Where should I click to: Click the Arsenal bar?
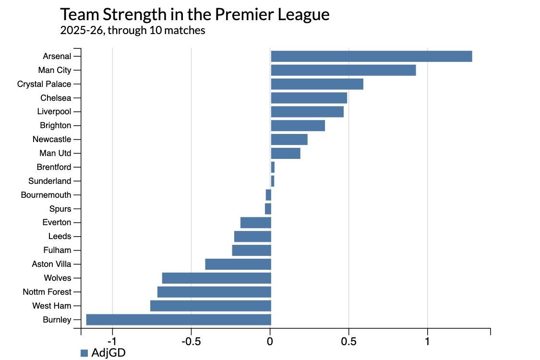tap(371, 56)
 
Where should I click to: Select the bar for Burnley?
tap(178, 320)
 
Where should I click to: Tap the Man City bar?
tap(343, 70)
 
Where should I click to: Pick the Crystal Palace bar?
tap(317, 84)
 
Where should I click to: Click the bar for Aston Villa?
tap(238, 264)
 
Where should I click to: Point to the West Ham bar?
tap(210, 306)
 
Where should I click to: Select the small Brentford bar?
tap(273, 167)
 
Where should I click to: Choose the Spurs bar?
tap(268, 209)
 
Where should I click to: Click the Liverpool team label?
tap(54, 112)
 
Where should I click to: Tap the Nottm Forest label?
tap(47, 292)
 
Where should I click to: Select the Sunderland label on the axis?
tap(49, 181)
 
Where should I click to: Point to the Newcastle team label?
tap(52, 139)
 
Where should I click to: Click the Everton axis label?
tap(57, 222)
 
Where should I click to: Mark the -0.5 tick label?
tap(191, 341)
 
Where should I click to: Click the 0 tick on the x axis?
tap(270, 341)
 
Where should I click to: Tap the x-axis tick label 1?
tap(427, 341)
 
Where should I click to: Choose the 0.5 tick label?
tap(348, 341)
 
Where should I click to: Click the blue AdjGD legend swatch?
tap(84, 353)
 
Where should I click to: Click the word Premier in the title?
tap(245, 14)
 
